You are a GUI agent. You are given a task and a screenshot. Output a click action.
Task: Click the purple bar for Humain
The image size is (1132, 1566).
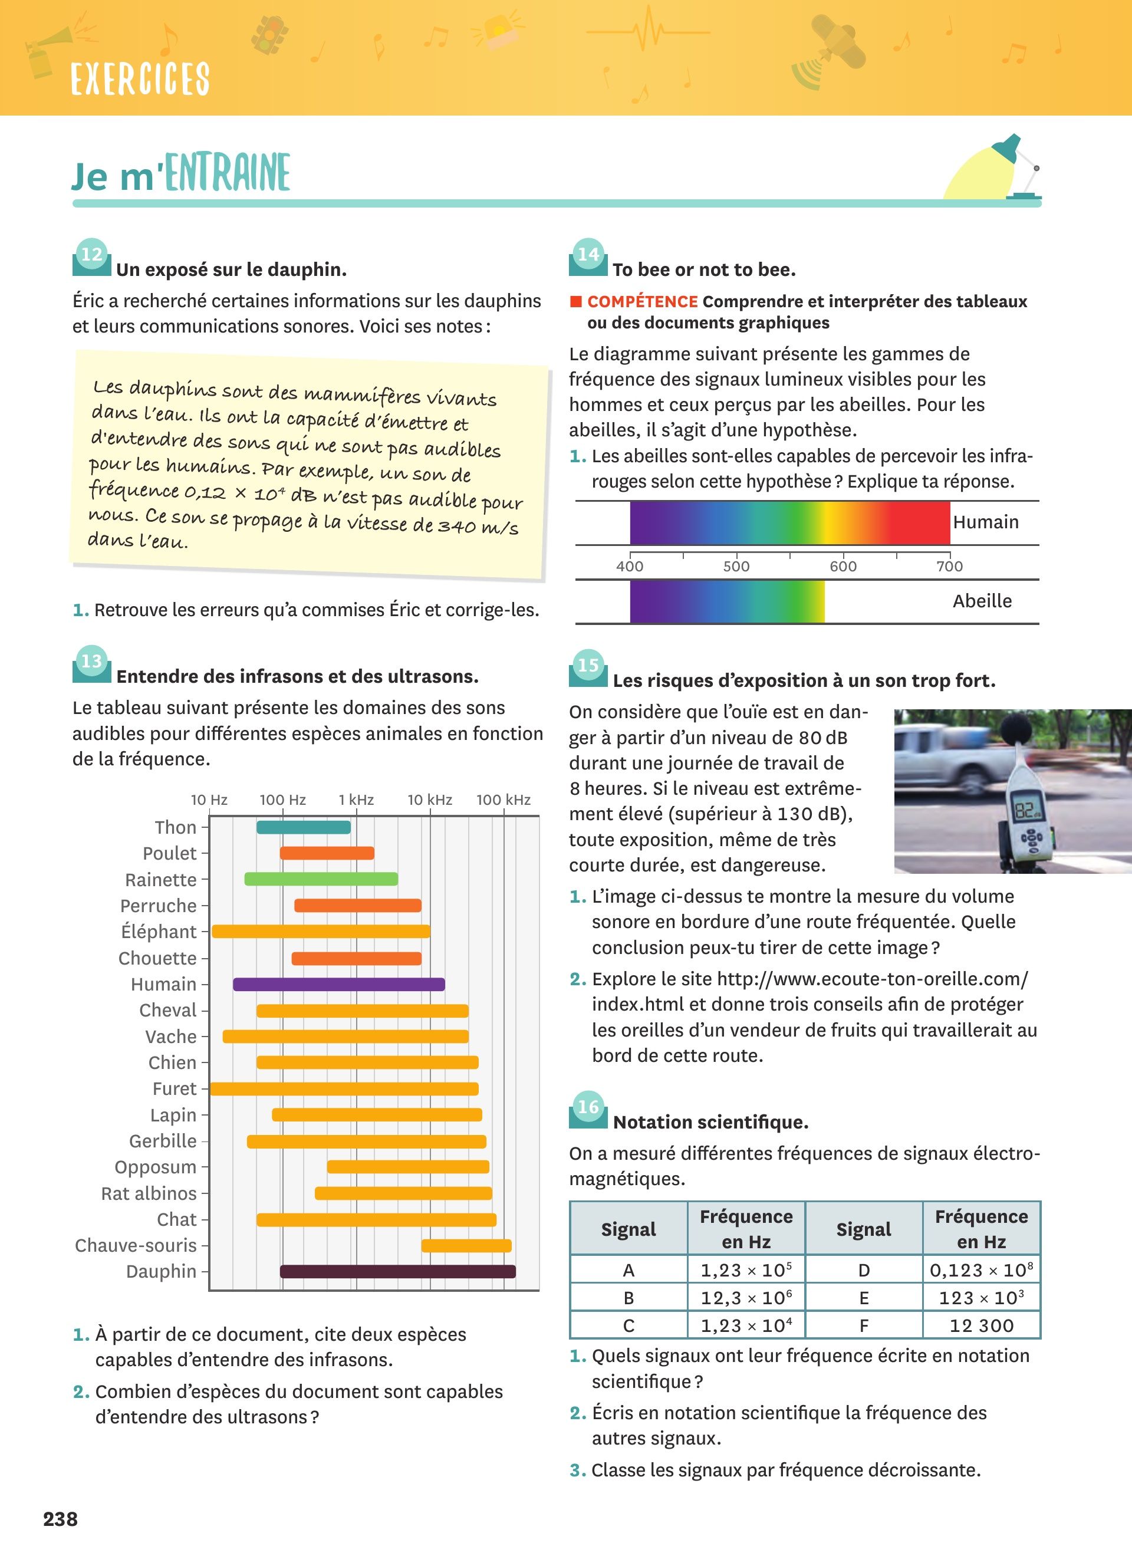[338, 984]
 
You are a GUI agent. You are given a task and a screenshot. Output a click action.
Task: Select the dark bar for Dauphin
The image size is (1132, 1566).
[397, 1271]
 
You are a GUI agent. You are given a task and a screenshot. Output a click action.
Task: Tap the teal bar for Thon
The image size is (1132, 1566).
[304, 827]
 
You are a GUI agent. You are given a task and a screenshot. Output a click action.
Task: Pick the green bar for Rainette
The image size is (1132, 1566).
[321, 879]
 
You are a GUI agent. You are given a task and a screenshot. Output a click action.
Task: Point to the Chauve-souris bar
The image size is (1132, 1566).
[466, 1246]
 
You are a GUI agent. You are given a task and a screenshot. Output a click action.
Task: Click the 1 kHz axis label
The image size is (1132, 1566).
[356, 800]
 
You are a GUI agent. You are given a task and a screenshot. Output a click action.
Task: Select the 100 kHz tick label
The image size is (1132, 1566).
[503, 800]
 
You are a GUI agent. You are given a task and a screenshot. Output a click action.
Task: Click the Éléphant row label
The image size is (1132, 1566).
[159, 932]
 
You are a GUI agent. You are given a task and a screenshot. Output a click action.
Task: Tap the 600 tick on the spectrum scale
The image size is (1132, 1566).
[843, 566]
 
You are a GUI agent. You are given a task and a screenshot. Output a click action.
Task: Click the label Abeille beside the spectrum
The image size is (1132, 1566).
[982, 601]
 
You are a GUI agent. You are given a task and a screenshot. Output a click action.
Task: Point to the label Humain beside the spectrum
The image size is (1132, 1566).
[986, 522]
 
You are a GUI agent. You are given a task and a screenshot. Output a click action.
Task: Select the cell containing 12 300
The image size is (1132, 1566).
[981, 1325]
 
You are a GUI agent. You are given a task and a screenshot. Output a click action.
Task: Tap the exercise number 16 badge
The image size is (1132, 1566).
[588, 1107]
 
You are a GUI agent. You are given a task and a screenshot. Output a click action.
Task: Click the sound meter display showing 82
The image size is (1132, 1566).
[1026, 810]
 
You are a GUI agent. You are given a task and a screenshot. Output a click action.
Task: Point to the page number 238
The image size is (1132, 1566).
[61, 1519]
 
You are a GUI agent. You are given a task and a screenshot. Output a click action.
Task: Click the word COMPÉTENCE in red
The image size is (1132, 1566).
[642, 302]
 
